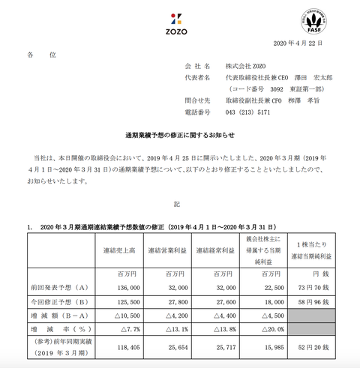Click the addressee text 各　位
(x=41, y=55)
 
